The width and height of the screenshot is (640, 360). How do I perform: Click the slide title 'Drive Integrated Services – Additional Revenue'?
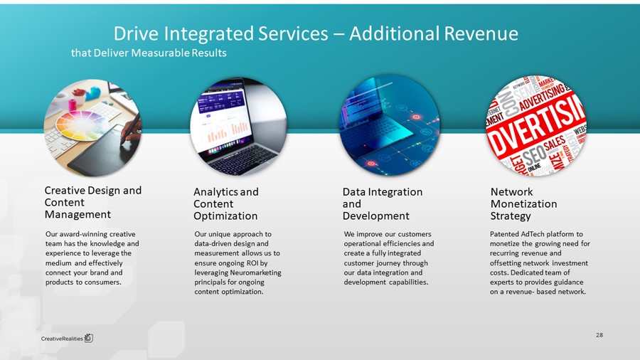[x=316, y=33]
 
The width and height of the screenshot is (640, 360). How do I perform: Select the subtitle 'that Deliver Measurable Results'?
[x=149, y=53]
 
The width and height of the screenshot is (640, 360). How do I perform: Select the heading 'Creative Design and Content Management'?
[x=92, y=202]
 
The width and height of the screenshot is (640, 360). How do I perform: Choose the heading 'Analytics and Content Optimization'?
[x=226, y=203]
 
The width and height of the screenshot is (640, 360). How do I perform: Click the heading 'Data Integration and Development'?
[x=383, y=203]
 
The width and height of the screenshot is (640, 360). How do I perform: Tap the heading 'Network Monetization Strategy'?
[x=524, y=203]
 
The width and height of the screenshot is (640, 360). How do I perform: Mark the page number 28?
[x=599, y=334]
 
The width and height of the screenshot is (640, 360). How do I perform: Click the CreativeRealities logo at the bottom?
[x=67, y=338]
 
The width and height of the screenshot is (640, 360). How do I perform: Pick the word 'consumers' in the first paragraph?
[x=102, y=282]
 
